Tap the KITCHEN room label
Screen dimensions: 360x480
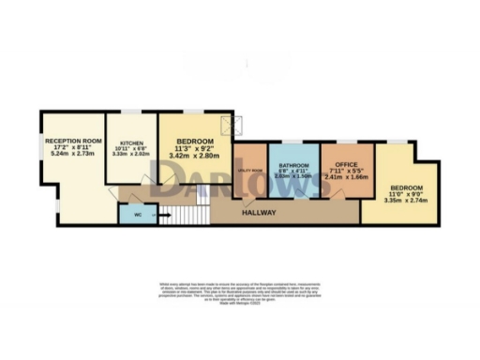tap(131, 142)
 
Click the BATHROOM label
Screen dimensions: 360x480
tap(293, 165)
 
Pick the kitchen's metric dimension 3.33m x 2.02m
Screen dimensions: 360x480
tap(131, 155)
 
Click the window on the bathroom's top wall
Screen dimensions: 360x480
tap(293, 142)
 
